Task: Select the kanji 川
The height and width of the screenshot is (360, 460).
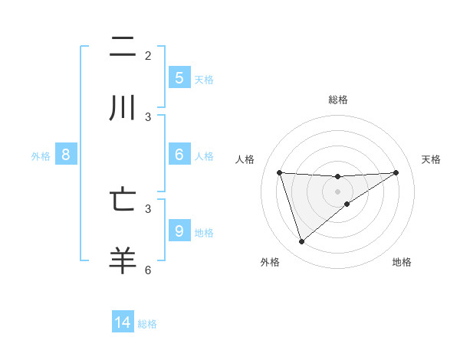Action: [123, 107]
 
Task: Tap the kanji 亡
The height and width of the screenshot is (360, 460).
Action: [123, 200]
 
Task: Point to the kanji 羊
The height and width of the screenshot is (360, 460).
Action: [123, 260]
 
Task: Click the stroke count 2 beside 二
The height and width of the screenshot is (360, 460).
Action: [148, 56]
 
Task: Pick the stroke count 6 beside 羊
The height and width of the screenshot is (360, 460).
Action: [148, 270]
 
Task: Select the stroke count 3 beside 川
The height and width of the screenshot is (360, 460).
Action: [148, 116]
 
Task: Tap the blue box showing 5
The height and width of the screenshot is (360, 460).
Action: [179, 77]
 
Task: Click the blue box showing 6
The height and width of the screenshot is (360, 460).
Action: [179, 155]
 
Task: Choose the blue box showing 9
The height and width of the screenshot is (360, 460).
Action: [179, 231]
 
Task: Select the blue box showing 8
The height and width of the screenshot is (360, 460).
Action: [66, 155]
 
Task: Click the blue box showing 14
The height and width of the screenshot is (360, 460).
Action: [123, 322]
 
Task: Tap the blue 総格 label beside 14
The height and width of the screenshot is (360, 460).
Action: [147, 324]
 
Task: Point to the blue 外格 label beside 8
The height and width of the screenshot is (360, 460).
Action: [41, 156]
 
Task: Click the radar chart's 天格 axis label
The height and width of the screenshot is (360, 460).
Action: [432, 159]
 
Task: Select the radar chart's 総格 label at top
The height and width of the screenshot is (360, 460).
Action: [338, 100]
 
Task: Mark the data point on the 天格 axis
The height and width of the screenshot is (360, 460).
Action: [396, 172]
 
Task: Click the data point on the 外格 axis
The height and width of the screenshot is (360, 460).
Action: [301, 242]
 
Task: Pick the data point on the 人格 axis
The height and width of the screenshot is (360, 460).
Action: [279, 172]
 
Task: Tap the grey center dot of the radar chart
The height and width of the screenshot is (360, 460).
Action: [338, 191]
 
